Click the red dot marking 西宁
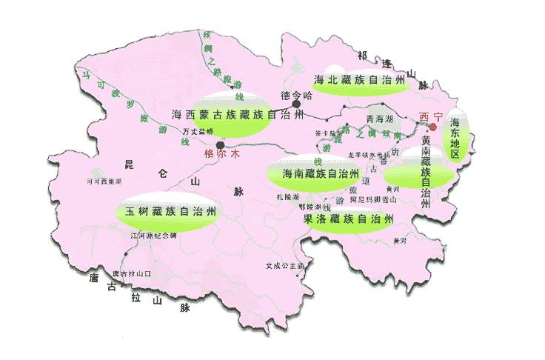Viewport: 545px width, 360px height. (432, 127)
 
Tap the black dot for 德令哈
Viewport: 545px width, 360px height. (296, 104)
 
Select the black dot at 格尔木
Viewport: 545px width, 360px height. (220, 144)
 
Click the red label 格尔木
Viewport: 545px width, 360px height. (222, 156)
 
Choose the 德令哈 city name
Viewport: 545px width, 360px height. (297, 94)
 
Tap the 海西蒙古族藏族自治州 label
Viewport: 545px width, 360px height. (237, 116)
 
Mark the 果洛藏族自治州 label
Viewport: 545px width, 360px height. (347, 219)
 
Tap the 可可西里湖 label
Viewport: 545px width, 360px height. (104, 180)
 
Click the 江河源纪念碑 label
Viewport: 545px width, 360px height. (154, 236)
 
